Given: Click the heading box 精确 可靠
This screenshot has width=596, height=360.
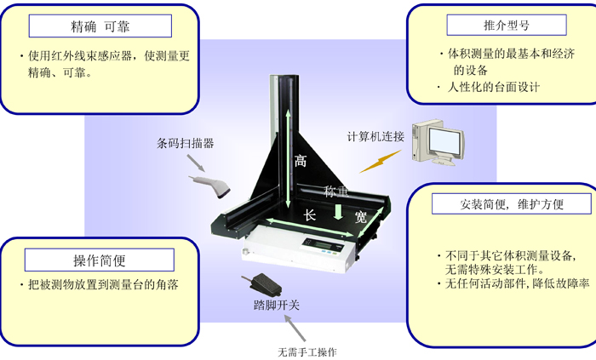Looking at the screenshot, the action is click(100, 26).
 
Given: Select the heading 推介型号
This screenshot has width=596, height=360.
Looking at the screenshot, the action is click(507, 25).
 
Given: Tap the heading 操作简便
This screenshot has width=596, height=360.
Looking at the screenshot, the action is click(100, 260).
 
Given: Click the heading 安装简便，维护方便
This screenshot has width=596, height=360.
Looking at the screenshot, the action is click(511, 204).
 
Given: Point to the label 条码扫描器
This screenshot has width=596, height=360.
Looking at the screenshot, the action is click(185, 143).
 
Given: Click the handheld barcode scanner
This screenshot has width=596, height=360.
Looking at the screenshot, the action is click(210, 186).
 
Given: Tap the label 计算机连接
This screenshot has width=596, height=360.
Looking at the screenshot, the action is click(375, 137).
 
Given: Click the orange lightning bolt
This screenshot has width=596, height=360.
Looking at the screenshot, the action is click(380, 162).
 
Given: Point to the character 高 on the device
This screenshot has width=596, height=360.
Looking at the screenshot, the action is click(301, 161).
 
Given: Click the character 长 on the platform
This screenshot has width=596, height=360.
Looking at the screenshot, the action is click(309, 215).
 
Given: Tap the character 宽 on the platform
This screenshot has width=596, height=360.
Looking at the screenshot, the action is click(361, 217).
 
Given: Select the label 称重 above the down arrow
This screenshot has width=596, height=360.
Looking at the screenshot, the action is click(336, 191).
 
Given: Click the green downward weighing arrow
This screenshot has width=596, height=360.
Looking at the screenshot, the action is click(338, 212).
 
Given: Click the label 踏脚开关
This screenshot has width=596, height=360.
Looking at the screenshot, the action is click(277, 305).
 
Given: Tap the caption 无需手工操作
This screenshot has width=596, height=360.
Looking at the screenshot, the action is click(307, 352).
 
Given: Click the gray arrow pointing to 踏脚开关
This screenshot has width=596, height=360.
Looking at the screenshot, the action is click(295, 329).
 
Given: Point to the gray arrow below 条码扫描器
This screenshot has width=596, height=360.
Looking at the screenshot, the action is click(196, 163).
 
